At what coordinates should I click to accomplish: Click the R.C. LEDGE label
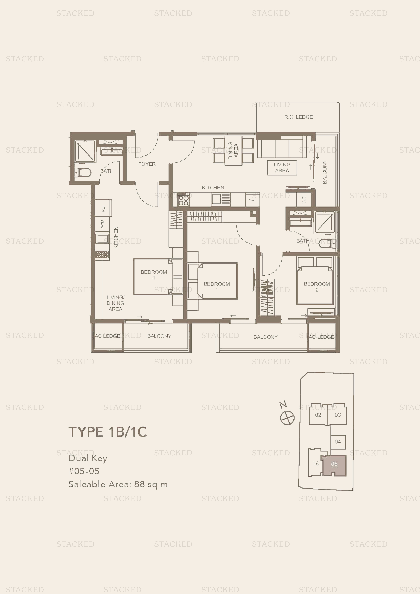(298, 117)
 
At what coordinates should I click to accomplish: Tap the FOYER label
(147, 164)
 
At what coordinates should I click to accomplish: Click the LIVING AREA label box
(282, 168)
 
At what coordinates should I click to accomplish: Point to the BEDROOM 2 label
(317, 287)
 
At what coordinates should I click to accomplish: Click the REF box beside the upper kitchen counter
(252, 199)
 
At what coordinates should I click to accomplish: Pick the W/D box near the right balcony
(304, 199)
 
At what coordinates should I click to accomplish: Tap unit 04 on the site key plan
(338, 442)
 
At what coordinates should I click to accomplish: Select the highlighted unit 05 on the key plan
(334, 464)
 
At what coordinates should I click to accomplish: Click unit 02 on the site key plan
(318, 415)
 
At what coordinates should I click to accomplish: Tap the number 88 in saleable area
(140, 484)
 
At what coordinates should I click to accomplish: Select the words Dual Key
(88, 458)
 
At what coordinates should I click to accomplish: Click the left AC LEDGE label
(107, 336)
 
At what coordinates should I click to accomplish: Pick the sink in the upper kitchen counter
(216, 199)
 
